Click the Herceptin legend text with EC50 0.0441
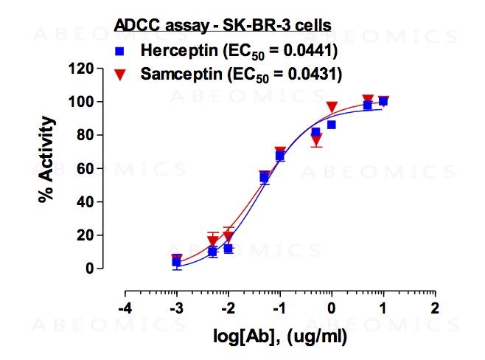coord(239,52)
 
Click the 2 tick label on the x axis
coord(435,308)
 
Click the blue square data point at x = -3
coord(176,261)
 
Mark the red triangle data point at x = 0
coord(332,107)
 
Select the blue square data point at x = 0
coord(332,125)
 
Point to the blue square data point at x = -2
coord(228,249)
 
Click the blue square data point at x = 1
coord(383,101)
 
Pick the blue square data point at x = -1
coord(280,156)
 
